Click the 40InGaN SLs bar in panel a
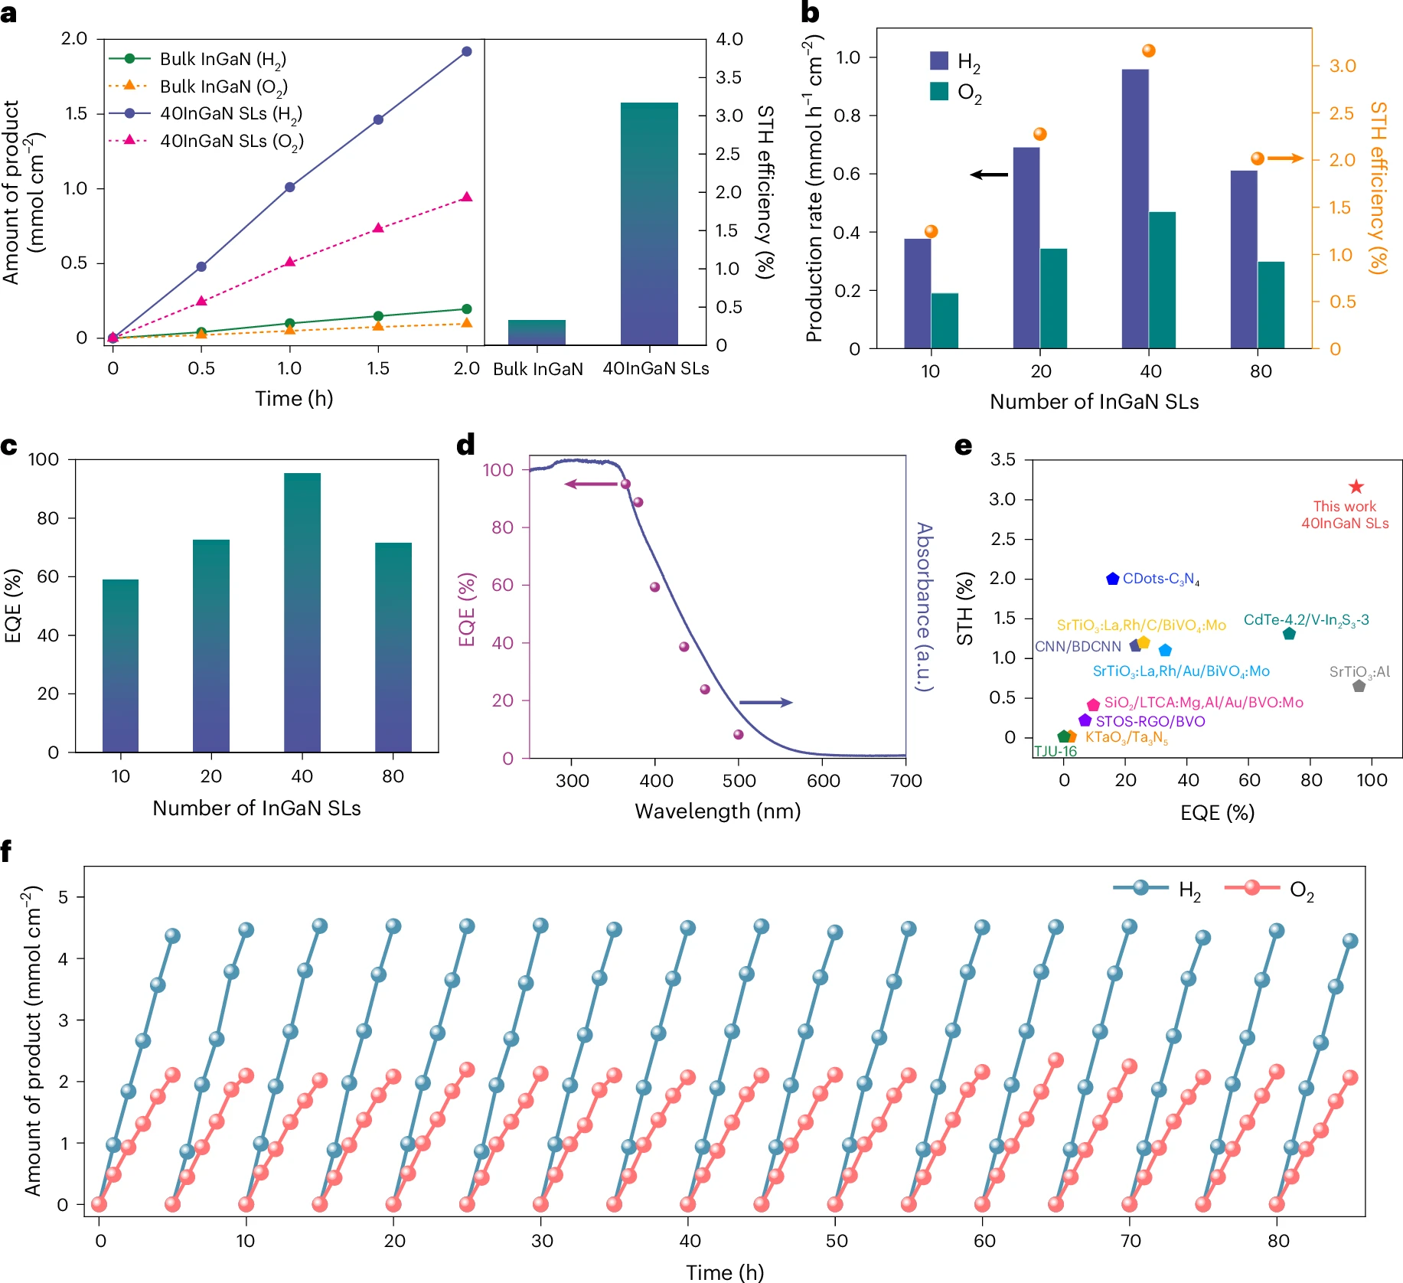[649, 224]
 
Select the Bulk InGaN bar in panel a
[537, 333]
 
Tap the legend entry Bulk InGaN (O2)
[223, 87]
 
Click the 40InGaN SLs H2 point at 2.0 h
[467, 52]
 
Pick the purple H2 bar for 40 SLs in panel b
[1135, 208]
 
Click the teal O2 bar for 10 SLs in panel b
[945, 321]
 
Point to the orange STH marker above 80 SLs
[1258, 158]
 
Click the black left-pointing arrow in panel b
[989, 175]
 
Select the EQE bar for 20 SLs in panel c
[211, 645]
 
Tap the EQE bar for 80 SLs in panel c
[393, 647]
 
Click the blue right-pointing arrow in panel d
[765, 702]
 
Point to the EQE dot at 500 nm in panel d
[739, 735]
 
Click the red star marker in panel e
[1356, 487]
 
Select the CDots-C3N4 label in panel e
[1160, 579]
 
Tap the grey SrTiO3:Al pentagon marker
[1359, 686]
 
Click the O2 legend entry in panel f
[1270, 889]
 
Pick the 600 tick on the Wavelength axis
[823, 781]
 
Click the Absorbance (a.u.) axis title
[925, 606]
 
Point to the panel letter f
[7, 850]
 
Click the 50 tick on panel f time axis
[837, 1241]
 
